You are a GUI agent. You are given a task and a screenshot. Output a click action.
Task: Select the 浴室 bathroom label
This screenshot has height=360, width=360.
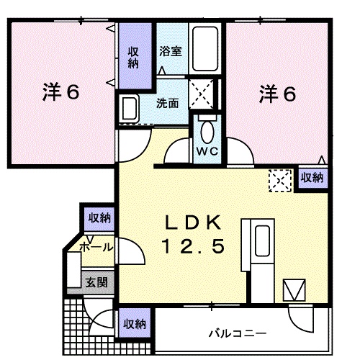171,52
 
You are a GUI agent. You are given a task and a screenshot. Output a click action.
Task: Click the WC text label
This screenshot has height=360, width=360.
207,151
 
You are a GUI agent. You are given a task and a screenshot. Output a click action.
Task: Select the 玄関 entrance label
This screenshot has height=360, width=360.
96,282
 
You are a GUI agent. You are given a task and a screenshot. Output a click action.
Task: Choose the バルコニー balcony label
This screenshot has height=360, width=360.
238,333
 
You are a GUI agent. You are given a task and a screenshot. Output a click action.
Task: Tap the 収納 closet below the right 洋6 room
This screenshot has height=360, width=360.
312,176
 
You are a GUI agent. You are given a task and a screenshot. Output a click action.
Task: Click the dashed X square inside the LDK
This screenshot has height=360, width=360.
279,179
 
